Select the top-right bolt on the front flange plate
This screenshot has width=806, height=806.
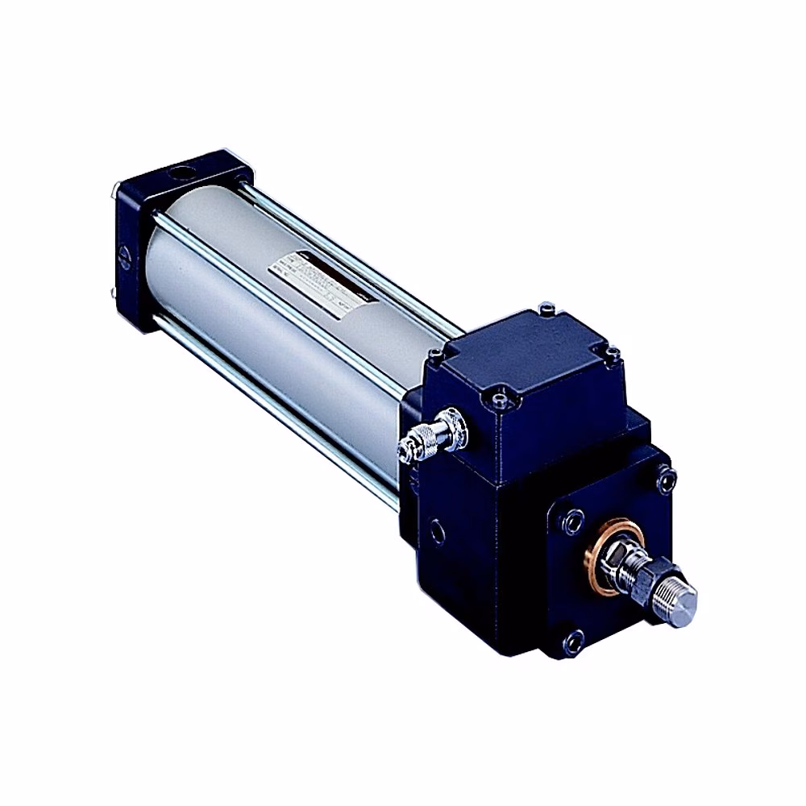666,481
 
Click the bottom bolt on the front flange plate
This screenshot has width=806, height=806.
574,642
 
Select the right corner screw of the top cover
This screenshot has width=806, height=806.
613,352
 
